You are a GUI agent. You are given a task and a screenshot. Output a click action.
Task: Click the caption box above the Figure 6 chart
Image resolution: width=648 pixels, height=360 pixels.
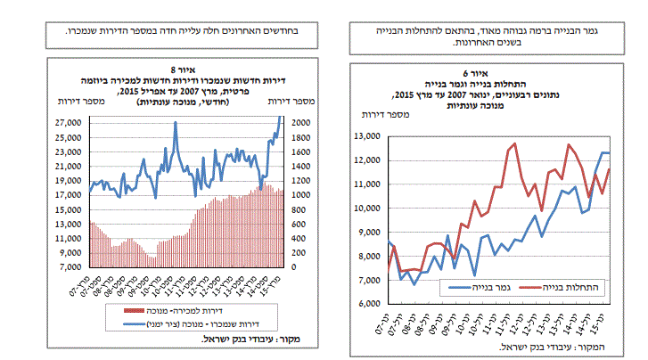(x=488, y=37)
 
